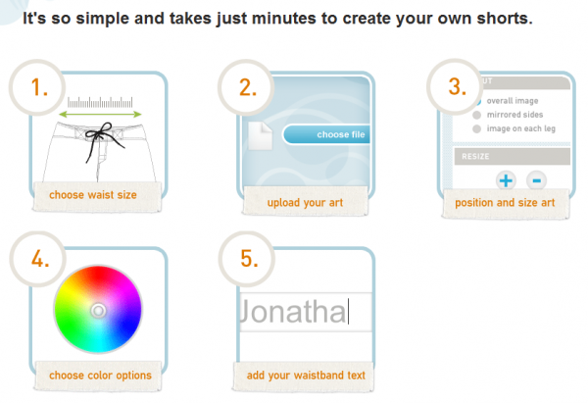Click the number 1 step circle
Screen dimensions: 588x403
click(37, 87)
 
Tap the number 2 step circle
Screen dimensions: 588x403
click(246, 87)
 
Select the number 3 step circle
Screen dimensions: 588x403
click(455, 86)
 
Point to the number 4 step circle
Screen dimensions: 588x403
click(38, 259)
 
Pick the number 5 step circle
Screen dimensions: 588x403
click(247, 259)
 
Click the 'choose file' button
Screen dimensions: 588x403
click(326, 134)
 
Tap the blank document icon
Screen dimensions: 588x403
click(260, 136)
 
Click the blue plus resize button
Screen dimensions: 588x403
click(506, 180)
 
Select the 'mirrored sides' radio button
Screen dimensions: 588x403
click(476, 115)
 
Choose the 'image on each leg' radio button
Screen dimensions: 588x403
click(476, 128)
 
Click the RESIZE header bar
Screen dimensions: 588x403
click(513, 157)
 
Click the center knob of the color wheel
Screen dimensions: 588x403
click(98, 310)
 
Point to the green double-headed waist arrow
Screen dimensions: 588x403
click(101, 114)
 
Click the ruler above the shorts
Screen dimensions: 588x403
click(100, 102)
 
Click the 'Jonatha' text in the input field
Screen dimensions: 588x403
click(294, 312)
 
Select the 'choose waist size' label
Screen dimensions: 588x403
click(93, 195)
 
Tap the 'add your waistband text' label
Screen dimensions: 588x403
click(306, 376)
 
